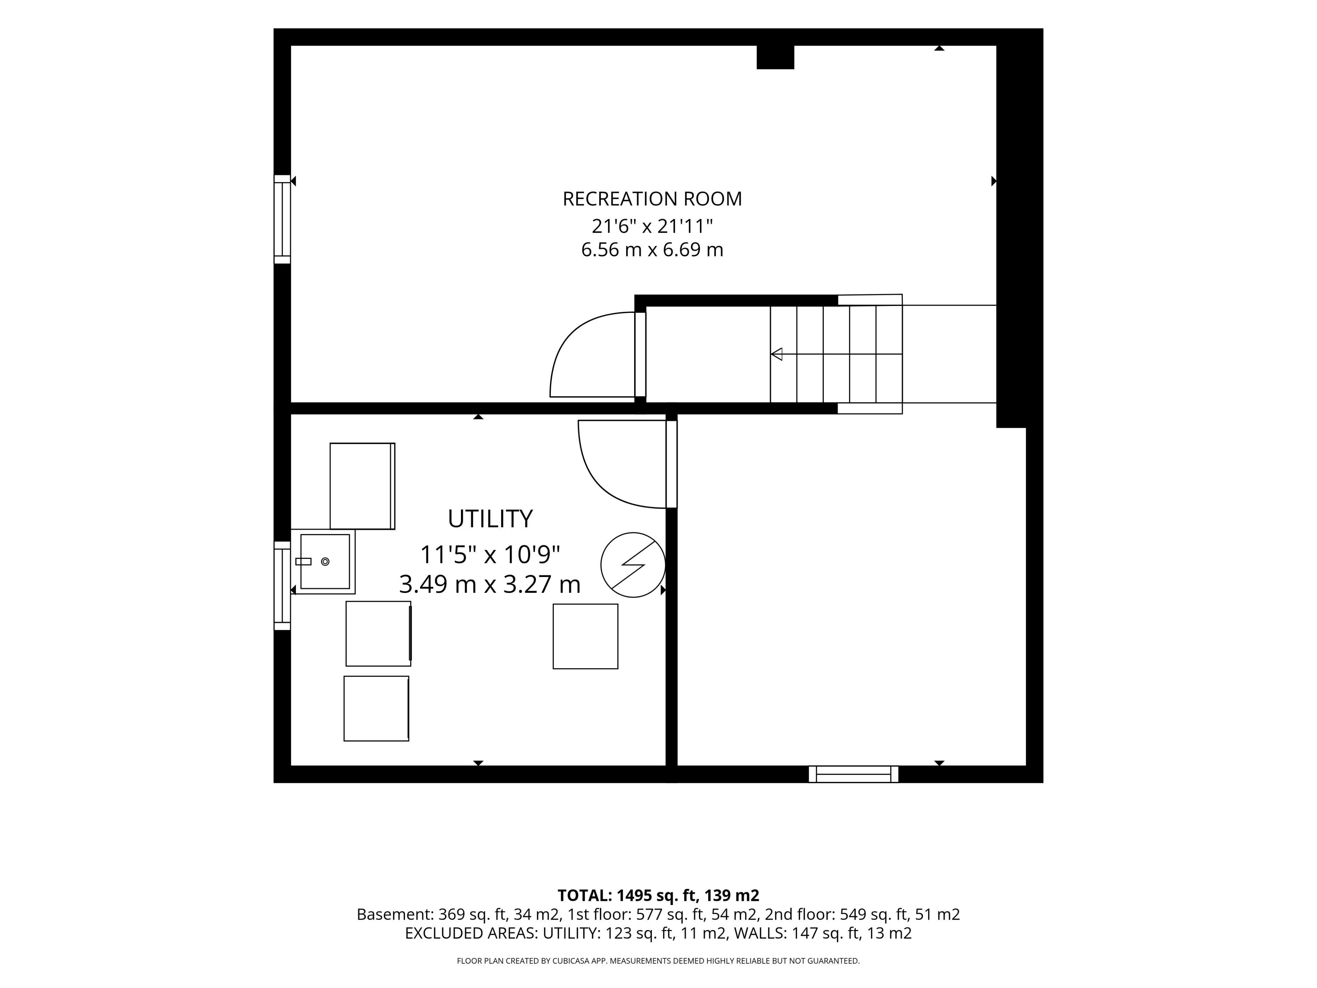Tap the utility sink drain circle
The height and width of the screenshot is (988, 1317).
(325, 562)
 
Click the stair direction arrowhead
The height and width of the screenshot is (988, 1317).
(776, 354)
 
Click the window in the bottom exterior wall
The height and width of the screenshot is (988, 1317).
(853, 774)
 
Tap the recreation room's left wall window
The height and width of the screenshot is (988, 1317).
(282, 219)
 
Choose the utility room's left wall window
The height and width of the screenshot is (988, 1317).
(282, 585)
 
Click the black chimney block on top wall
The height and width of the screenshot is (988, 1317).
(775, 57)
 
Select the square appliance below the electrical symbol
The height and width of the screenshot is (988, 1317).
(585, 637)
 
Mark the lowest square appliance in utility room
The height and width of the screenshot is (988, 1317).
(376, 709)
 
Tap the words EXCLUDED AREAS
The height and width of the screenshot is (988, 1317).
(472, 933)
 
